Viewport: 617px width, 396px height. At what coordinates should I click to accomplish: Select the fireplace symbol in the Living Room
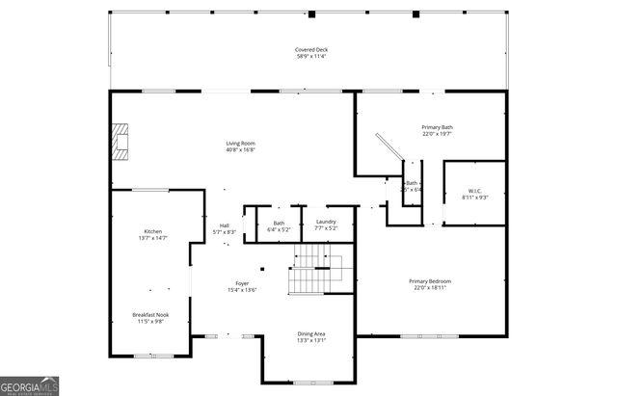tap(119, 141)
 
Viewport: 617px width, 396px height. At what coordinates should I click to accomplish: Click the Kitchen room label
tap(153, 232)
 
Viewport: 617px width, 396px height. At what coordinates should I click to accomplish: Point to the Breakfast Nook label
tap(153, 315)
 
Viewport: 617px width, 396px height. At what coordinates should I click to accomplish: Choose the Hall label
tap(224, 225)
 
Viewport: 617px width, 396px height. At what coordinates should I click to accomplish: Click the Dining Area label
tap(310, 333)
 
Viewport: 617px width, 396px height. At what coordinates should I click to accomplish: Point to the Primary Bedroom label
tap(433, 280)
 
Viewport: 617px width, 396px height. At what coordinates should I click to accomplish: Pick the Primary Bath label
tap(437, 127)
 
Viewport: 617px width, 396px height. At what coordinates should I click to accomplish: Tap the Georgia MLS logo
tap(31, 384)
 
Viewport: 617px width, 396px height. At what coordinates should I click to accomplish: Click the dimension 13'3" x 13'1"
tap(310, 340)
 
